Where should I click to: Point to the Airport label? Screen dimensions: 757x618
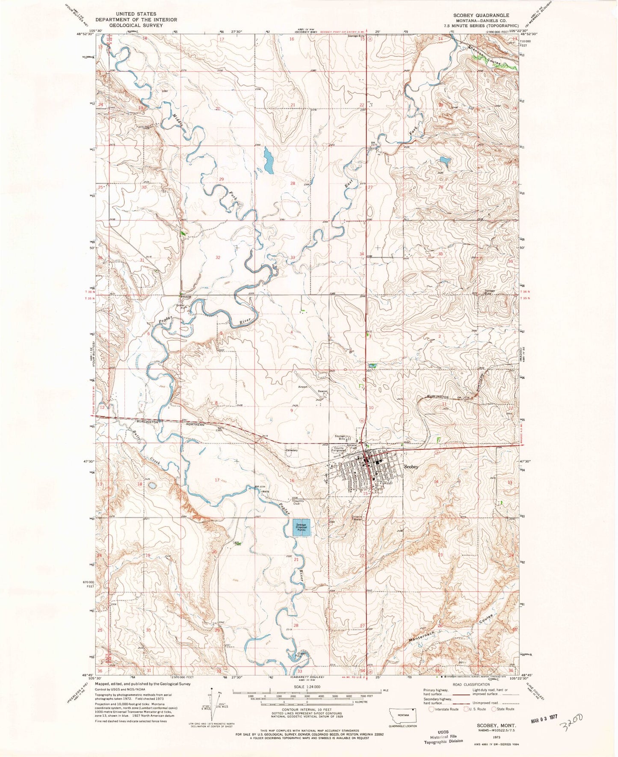tap(303, 386)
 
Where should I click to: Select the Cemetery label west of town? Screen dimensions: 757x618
tap(292, 450)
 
